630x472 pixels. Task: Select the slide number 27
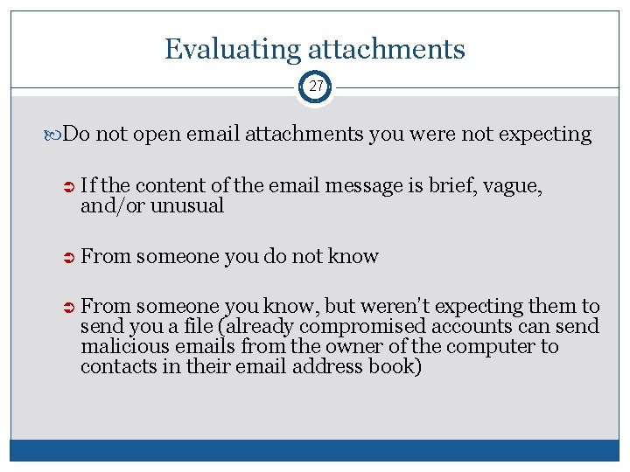(315, 87)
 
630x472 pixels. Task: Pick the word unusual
(187, 205)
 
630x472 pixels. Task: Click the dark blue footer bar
(315, 450)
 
